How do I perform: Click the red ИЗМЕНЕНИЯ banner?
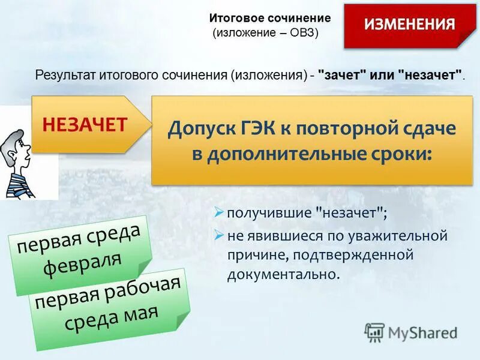point(410,25)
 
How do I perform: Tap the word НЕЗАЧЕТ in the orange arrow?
point(85,125)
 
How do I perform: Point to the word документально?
point(283,275)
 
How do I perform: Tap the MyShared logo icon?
point(374,332)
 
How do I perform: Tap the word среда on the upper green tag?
point(114,236)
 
